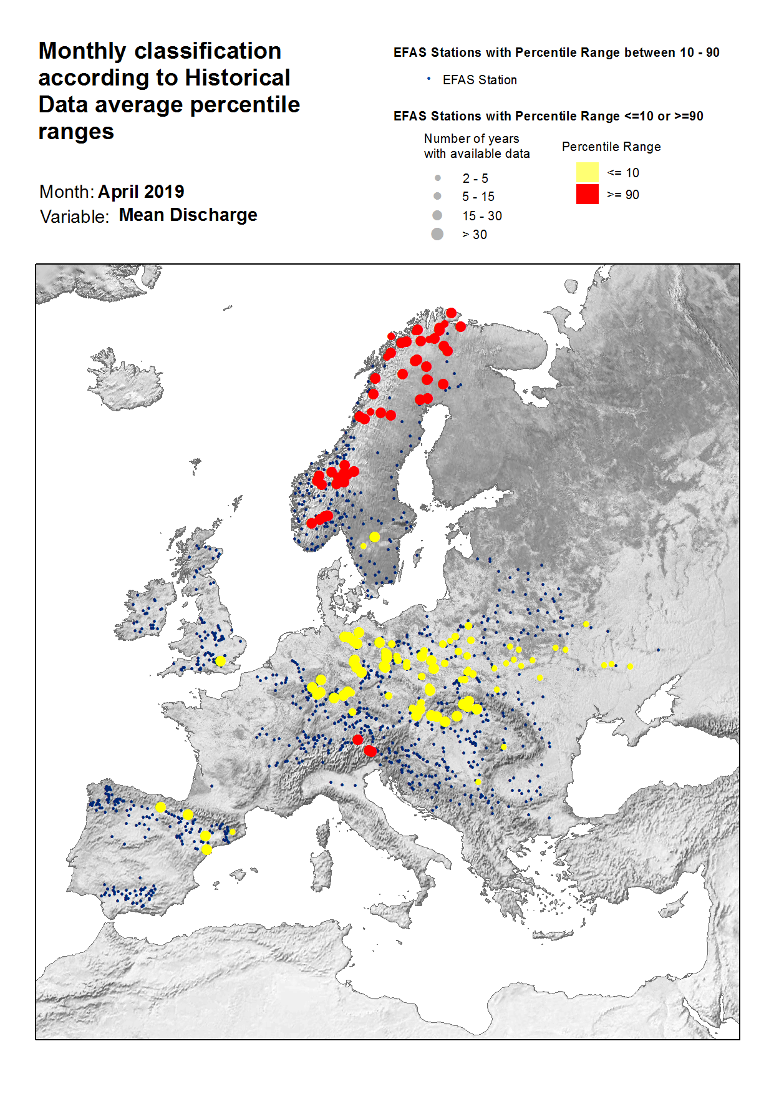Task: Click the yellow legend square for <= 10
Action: pos(587,172)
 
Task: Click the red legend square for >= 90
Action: pos(587,194)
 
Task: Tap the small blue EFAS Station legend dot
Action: pos(428,79)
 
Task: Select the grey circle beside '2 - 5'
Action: pos(438,178)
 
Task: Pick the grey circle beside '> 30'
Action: pos(437,234)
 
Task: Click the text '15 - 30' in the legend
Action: pos(481,216)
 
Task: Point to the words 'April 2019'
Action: pos(141,192)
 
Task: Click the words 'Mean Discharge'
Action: pos(188,215)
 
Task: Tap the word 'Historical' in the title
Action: pos(238,78)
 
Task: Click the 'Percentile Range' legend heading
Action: pos(611,147)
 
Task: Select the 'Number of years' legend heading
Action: pos(471,139)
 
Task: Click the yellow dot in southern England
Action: pos(220,661)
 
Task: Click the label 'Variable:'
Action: pos(74,217)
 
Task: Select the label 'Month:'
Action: pos(66,192)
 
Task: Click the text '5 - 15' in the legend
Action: pos(478,197)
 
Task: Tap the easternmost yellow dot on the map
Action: pos(630,667)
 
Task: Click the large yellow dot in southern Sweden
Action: pos(374,537)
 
